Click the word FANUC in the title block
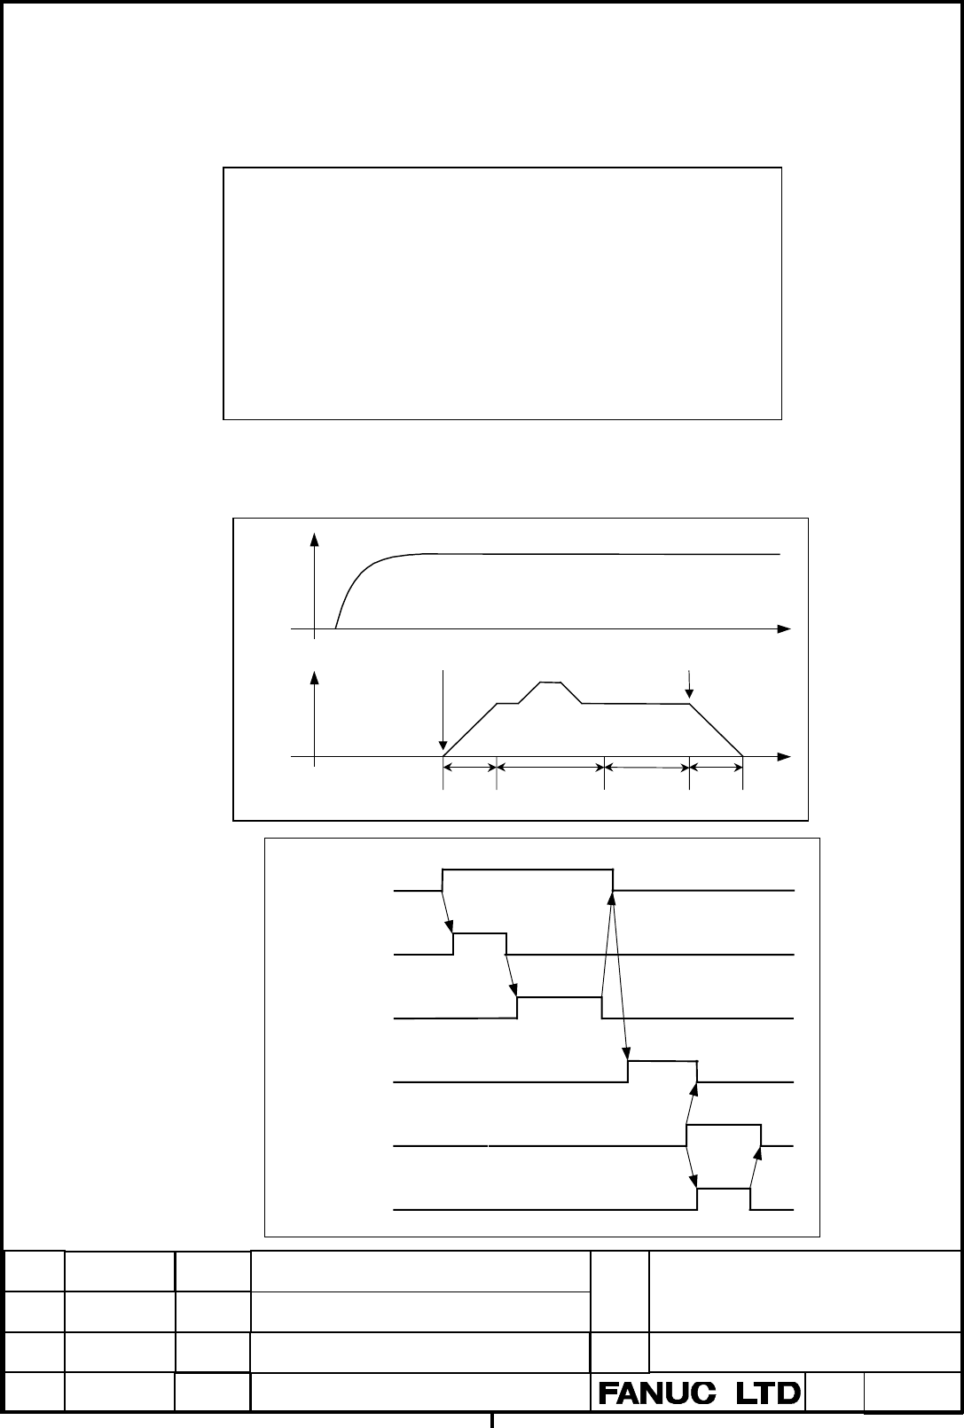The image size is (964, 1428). point(657,1393)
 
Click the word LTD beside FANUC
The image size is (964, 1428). point(768,1393)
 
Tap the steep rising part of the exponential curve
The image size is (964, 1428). point(351,589)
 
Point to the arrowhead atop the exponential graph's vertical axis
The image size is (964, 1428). point(314,539)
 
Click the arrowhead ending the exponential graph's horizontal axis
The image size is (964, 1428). point(784,629)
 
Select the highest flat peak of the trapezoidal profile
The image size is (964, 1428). point(551,683)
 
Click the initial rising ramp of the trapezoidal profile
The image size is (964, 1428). point(470,730)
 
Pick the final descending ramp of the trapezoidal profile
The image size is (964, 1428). point(716,730)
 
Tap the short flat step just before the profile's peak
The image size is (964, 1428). point(508,704)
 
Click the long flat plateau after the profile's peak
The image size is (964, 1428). point(636,704)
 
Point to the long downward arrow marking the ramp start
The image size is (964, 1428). point(443,710)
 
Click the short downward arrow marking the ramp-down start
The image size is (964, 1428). point(689,684)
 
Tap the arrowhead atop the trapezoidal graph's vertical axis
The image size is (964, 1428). point(314,678)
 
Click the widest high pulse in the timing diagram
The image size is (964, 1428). point(528,869)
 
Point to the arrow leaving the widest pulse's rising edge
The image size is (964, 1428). point(447,911)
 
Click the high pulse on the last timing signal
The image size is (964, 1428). point(724,1189)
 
